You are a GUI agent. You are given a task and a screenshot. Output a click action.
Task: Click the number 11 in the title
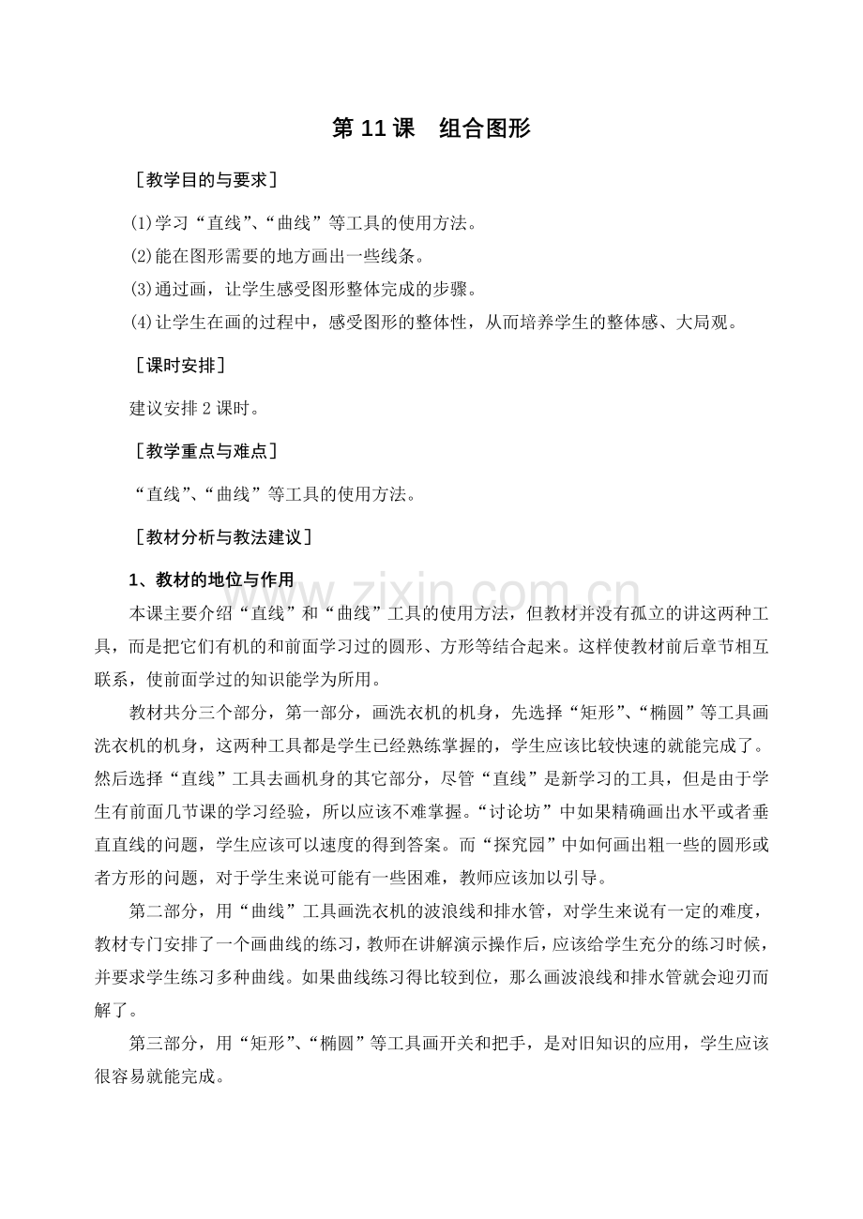tap(373, 129)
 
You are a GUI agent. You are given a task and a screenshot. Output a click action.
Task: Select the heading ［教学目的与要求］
tap(205, 179)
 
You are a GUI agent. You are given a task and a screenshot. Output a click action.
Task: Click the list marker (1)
tap(141, 224)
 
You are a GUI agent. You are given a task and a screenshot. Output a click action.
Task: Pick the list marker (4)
tap(141, 322)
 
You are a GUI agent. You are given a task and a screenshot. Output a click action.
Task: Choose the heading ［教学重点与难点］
tap(205, 451)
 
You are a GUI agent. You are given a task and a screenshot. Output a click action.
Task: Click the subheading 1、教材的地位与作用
tap(211, 581)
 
